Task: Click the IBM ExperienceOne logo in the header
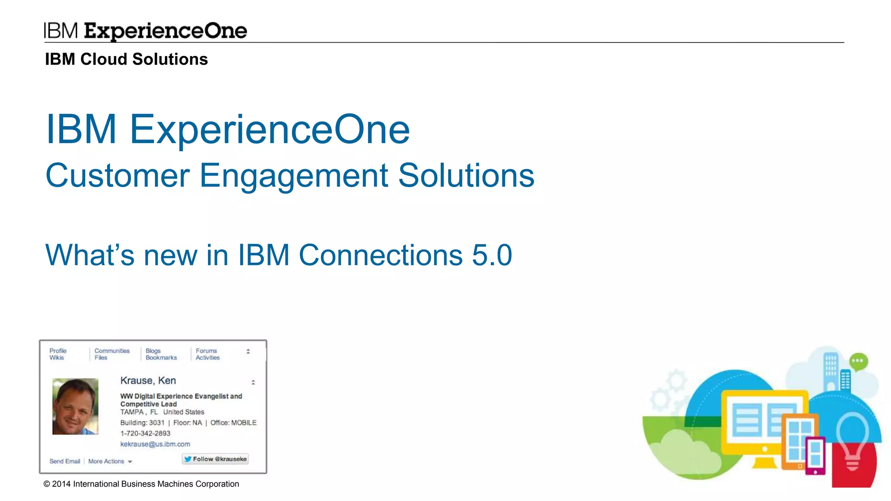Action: pos(145,31)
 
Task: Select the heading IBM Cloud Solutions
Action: pos(126,59)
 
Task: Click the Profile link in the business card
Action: pos(58,351)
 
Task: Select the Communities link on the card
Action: pos(112,351)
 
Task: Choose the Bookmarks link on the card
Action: pos(161,357)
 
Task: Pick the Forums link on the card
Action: pos(206,351)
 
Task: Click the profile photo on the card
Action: pos(75,406)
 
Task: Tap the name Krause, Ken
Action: pos(148,381)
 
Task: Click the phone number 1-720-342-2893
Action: pos(145,433)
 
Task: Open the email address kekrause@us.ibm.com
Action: pos(155,444)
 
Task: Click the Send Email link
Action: pos(65,461)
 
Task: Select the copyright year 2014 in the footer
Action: pos(61,484)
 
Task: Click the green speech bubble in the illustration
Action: pos(858,361)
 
